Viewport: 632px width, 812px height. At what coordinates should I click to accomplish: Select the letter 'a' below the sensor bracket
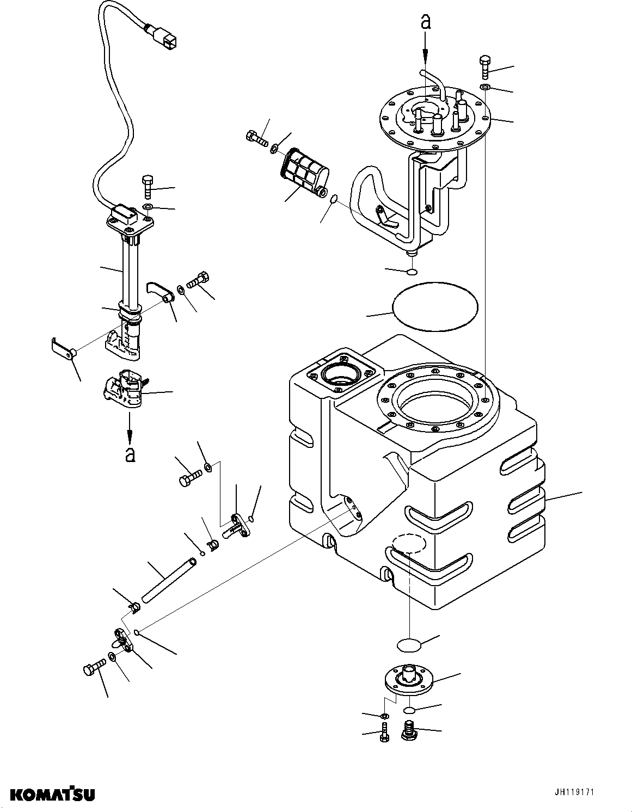130,454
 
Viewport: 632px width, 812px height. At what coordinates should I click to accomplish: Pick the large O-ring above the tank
435,306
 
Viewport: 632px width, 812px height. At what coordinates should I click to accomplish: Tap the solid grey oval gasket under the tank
409,645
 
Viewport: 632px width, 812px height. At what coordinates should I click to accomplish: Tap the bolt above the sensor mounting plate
148,187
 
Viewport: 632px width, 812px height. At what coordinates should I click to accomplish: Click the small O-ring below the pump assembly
412,272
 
